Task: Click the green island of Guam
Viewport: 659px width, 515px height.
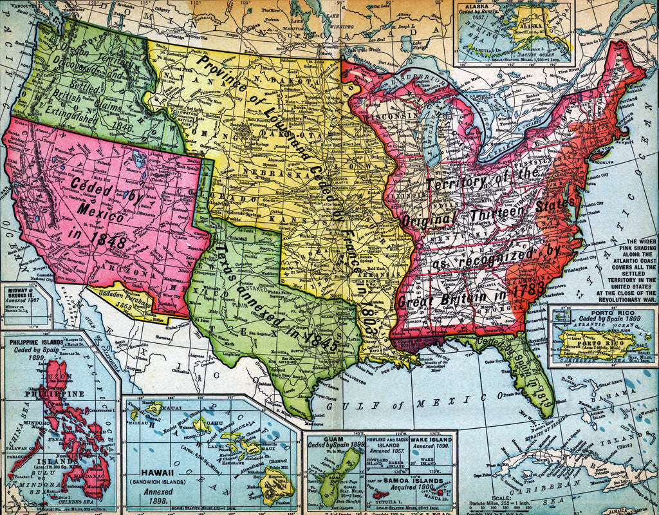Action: coord(344,466)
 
